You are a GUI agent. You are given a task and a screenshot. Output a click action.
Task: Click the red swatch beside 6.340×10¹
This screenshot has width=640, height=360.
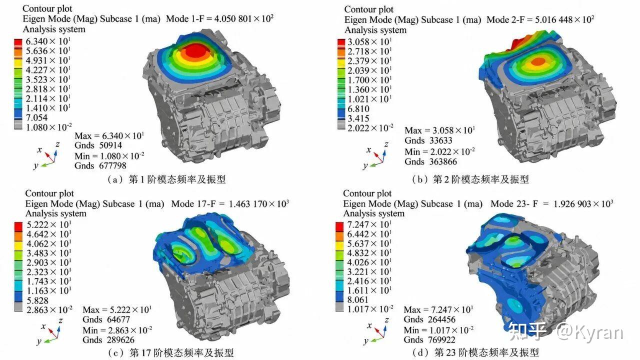point(18,42)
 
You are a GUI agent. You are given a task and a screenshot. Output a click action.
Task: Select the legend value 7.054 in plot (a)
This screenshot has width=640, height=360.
point(37,117)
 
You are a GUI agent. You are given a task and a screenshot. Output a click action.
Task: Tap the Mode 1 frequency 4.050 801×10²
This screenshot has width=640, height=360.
point(244,19)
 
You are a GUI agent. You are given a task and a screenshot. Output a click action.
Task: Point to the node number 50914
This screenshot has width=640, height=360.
point(110,145)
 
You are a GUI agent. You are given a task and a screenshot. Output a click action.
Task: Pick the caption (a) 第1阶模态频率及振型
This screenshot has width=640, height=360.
point(166,179)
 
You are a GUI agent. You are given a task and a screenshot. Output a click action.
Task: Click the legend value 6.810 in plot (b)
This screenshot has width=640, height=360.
point(358,109)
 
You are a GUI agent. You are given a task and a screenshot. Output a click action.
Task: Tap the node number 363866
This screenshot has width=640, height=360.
point(443,161)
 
